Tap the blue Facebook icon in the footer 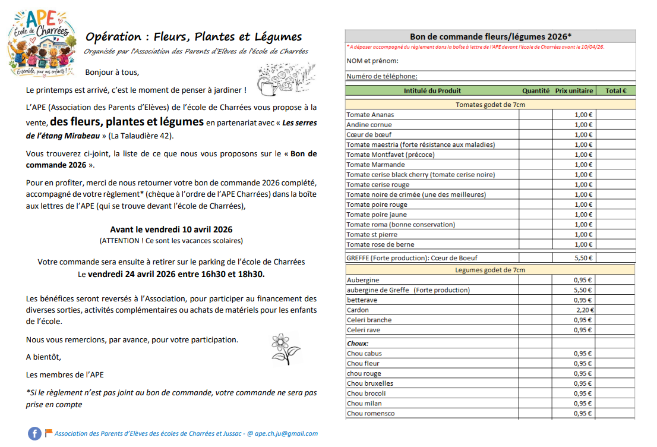point(34,434)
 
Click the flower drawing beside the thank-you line point(285,348)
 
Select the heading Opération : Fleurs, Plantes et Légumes point(194,37)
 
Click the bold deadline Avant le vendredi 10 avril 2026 point(171,229)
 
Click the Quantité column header point(536,91)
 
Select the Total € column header point(615,91)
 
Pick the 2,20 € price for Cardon point(585,310)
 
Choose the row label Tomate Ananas point(370,115)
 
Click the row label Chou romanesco point(371,413)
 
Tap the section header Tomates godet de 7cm point(490,105)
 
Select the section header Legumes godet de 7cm point(490,270)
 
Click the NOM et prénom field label point(372,61)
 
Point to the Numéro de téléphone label point(382,76)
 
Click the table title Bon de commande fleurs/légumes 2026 point(490,37)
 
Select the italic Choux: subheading point(358,343)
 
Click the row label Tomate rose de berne point(380,244)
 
